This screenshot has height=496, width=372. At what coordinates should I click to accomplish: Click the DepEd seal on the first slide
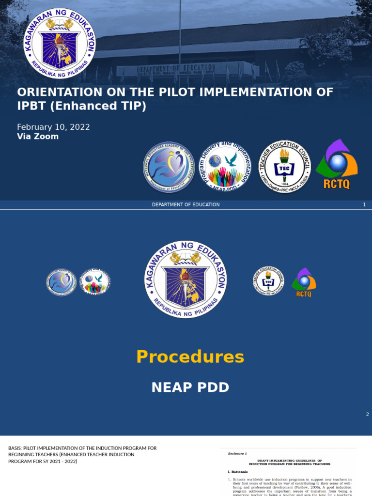coord(60,43)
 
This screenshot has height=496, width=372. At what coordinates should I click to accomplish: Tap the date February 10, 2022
coord(53,127)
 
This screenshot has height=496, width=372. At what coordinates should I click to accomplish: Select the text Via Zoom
coord(38,137)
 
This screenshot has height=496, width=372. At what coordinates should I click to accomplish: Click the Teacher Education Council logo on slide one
coord(284,166)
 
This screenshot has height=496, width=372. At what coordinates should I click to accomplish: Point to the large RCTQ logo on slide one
coord(337,165)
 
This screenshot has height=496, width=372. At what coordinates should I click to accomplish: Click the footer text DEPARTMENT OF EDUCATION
coord(186,204)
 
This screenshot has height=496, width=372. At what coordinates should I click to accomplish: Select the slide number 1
coord(364,204)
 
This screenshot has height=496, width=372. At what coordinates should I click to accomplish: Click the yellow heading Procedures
coord(190,356)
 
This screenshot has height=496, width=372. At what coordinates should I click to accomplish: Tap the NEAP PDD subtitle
coord(190,387)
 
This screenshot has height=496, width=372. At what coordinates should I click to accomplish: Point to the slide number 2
coord(367,414)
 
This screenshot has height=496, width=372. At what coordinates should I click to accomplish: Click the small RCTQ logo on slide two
coord(304,282)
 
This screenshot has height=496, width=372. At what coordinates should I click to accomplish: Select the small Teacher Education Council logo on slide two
coord(268,281)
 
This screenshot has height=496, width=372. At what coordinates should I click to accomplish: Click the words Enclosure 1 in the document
coord(237,453)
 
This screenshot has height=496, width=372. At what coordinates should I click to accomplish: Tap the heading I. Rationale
coord(238,471)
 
